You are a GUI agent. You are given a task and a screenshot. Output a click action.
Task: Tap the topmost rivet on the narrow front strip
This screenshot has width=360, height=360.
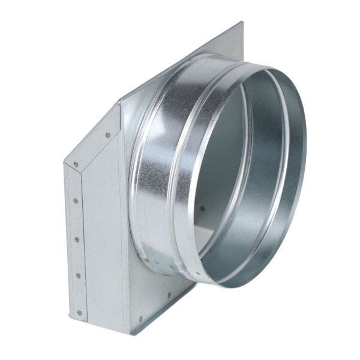(76, 164)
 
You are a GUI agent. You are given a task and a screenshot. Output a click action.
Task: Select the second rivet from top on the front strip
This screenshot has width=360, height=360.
(76, 201)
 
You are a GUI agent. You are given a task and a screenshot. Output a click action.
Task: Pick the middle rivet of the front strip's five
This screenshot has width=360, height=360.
(76, 239)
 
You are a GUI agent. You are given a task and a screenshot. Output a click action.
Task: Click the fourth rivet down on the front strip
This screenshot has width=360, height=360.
(77, 275)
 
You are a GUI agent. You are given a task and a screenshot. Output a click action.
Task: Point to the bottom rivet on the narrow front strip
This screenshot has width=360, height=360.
(79, 312)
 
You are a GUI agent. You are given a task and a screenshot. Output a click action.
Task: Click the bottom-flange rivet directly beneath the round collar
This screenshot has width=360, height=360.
(169, 295)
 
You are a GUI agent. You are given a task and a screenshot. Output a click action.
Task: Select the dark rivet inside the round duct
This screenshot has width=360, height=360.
(202, 209)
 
